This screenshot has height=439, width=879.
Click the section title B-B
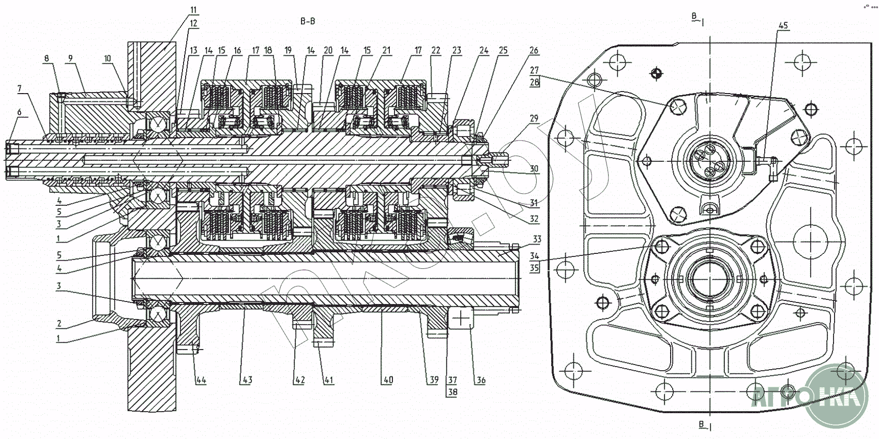tap(307, 21)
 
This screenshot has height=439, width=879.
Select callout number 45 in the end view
tap(783, 25)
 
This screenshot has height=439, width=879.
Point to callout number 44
tap(201, 380)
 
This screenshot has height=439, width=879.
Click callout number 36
tap(481, 380)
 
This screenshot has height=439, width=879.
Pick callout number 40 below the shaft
tap(388, 380)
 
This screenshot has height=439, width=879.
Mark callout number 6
tap(20, 112)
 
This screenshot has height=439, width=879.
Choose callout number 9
tap(70, 58)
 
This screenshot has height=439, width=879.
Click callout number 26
tap(534, 50)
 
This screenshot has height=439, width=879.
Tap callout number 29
tap(534, 118)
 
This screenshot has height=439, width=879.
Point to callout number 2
tap(59, 324)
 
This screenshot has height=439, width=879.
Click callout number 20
tap(328, 50)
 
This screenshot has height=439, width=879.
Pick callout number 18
tap(268, 50)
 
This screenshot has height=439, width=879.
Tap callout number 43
tap(247, 380)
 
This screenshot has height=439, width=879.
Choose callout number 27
tap(534, 70)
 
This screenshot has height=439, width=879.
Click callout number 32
tap(534, 219)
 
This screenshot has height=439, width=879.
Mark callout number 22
tap(436, 50)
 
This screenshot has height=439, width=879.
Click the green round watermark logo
tap(836, 395)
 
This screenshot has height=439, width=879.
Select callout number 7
tap(20, 89)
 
